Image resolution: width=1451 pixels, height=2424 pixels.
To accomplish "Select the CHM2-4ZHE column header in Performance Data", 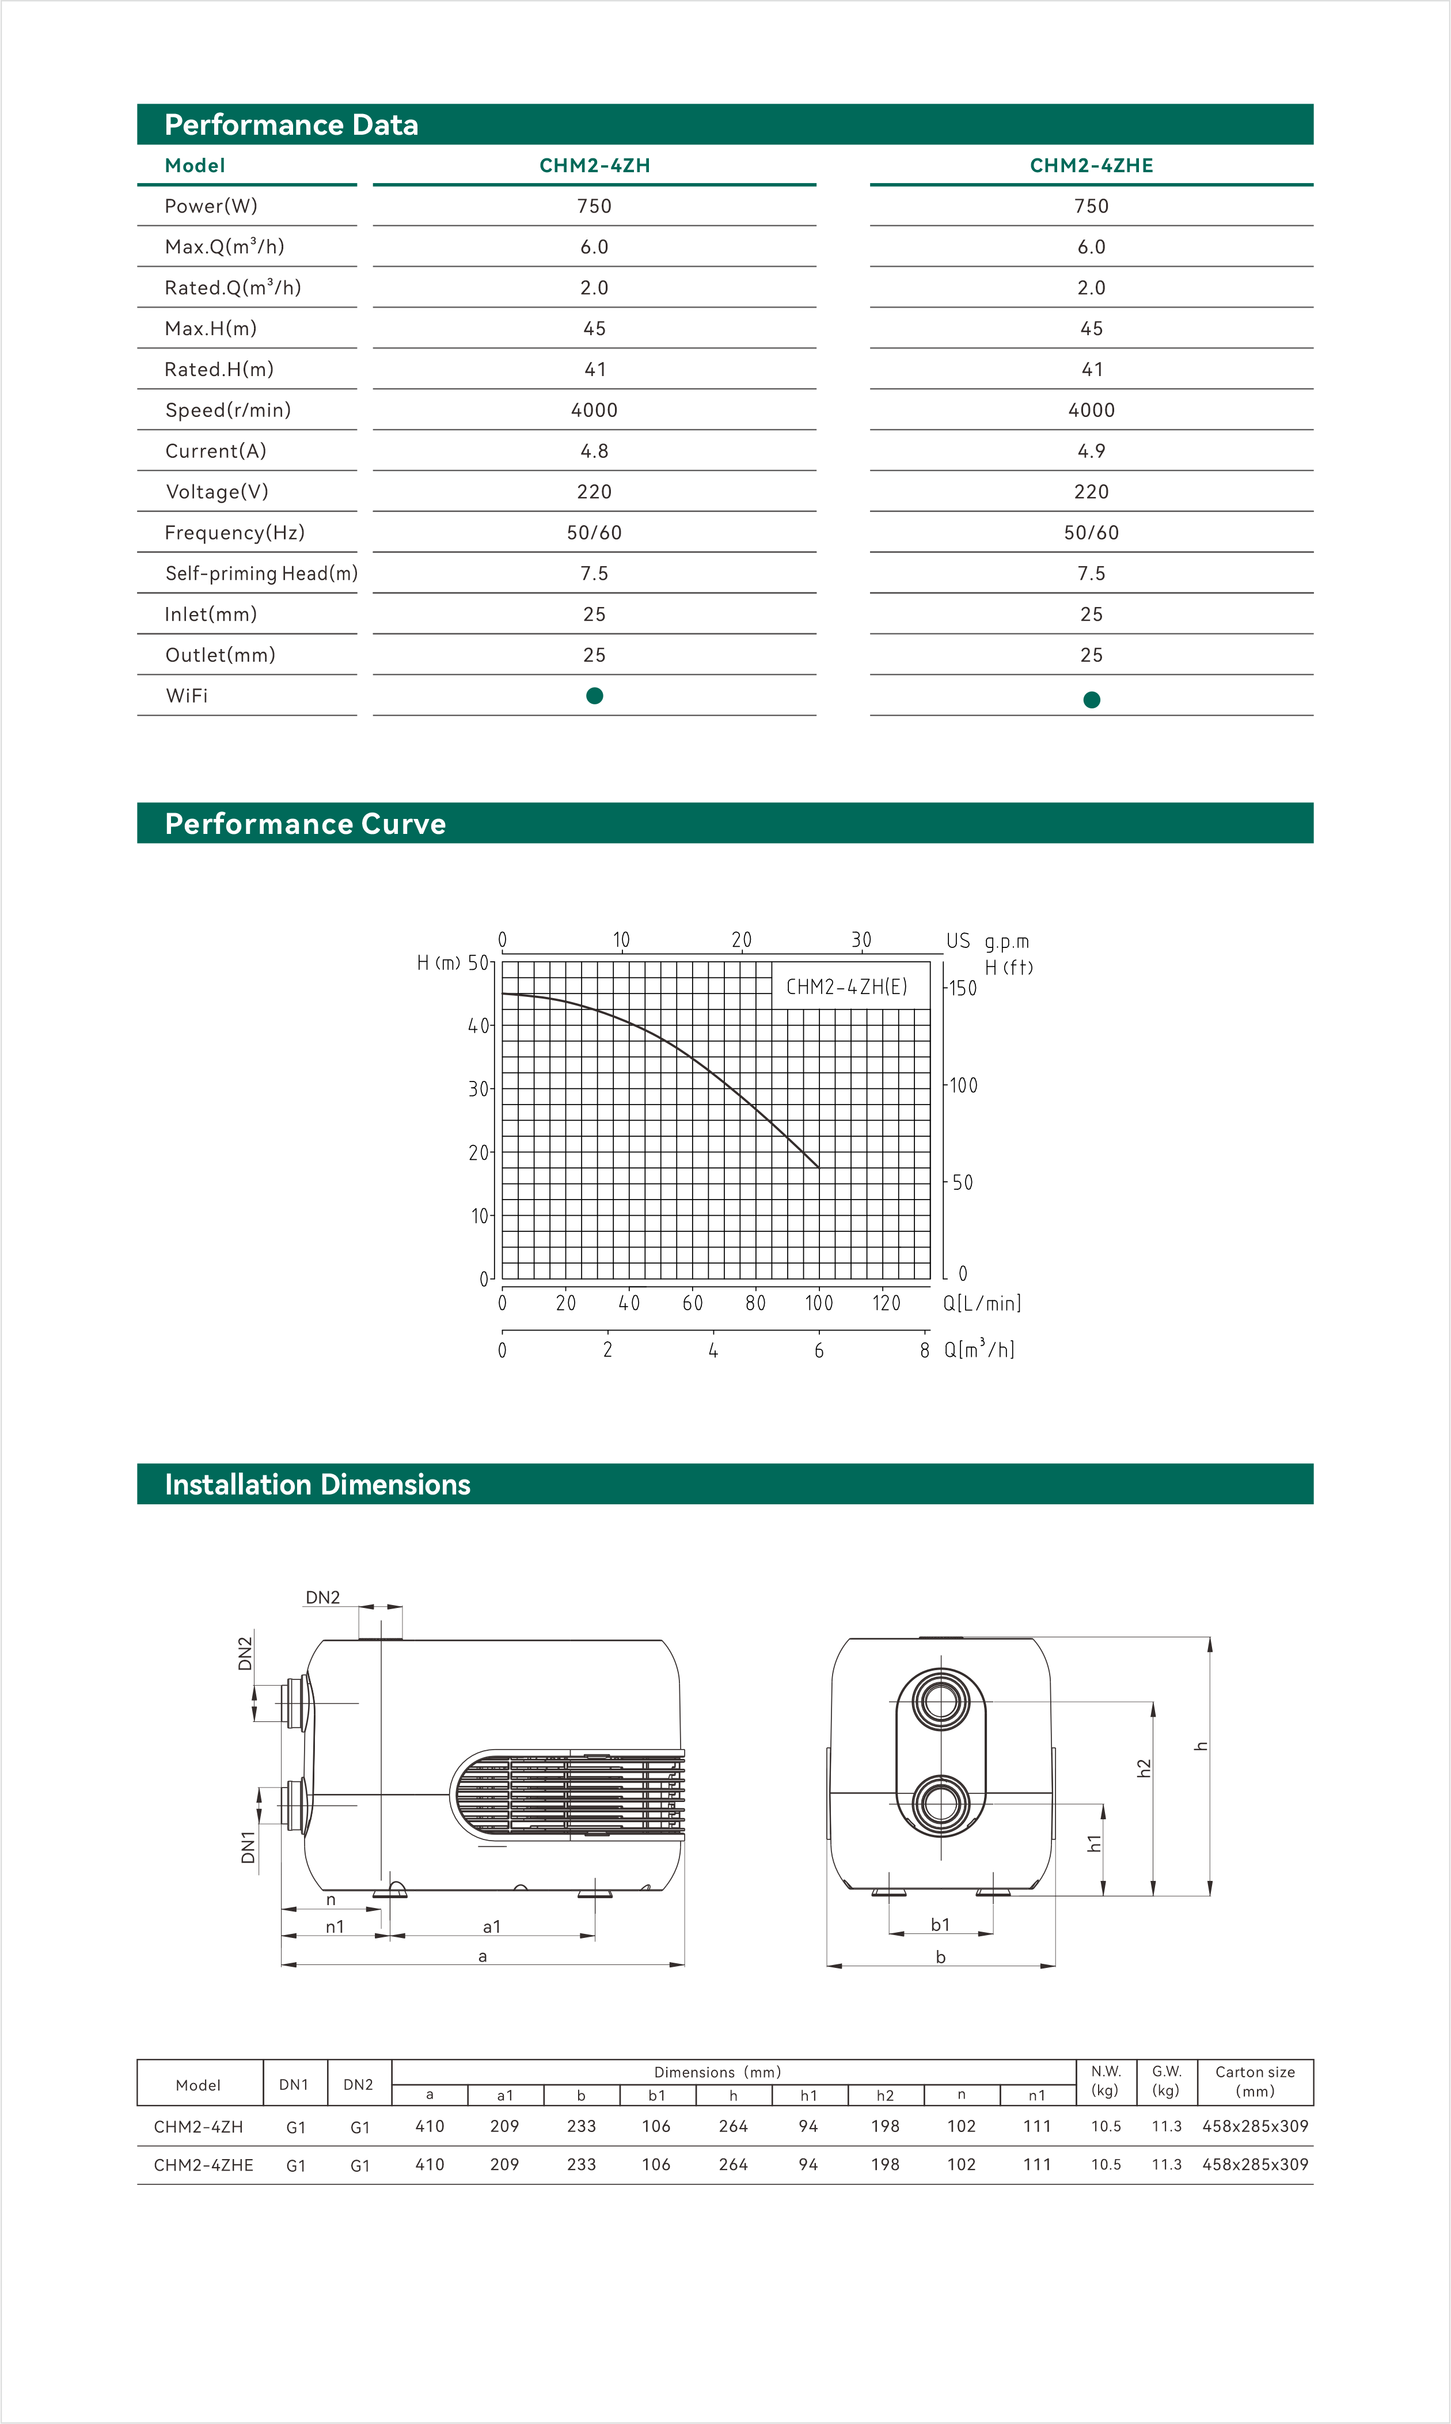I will point(1091,165).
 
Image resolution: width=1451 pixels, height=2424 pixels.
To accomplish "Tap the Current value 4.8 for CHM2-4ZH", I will point(594,451).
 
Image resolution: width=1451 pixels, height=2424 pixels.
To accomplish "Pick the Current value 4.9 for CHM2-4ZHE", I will point(1091,451).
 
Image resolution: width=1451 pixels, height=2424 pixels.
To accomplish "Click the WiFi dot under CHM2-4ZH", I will point(594,695).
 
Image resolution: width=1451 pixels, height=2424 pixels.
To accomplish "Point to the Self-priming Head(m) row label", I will point(261,573).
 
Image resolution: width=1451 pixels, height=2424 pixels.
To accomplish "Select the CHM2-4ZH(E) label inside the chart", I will point(847,987).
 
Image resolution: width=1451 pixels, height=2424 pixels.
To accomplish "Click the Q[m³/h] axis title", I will point(979,1349).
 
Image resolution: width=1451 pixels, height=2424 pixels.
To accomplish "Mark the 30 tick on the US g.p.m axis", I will point(860,940).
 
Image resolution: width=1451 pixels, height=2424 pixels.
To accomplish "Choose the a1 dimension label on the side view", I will point(492,1926).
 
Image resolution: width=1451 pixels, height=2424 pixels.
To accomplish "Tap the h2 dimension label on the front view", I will point(1144,1768).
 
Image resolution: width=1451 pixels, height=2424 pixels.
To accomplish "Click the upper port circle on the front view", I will point(941,1701).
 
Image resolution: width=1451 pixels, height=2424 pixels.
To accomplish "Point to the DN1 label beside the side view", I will point(248,1847).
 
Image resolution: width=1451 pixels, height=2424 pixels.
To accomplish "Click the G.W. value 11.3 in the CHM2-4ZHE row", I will point(1167,2164).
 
